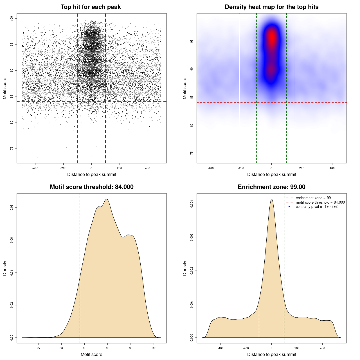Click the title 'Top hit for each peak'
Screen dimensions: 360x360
click(91, 7)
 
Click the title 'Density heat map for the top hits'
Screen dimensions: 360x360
click(271, 7)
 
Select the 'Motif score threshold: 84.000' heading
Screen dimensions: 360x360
click(91, 187)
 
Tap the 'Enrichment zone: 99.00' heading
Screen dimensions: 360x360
click(271, 187)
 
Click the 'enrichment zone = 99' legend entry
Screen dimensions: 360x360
click(313, 198)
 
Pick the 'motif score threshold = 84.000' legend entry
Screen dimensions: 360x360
click(320, 202)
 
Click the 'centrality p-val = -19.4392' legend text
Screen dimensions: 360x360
click(316, 207)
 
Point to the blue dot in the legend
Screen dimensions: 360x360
click(289, 207)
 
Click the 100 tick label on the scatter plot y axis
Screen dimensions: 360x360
click(12, 19)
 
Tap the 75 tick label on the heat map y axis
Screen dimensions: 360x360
click(192, 153)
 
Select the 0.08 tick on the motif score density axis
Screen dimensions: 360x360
click(12, 208)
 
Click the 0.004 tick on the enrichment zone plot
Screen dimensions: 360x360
click(192, 204)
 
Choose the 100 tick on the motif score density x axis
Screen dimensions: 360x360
click(154, 348)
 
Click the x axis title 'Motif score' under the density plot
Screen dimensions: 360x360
click(91, 354)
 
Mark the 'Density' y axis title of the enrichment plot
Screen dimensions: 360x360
click(185, 268)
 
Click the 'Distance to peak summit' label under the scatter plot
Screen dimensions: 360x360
click(92, 174)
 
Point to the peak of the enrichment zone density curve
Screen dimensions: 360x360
click(271, 199)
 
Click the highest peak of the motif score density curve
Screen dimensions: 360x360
click(107, 199)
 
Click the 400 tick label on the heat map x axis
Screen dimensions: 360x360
click(332, 168)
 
